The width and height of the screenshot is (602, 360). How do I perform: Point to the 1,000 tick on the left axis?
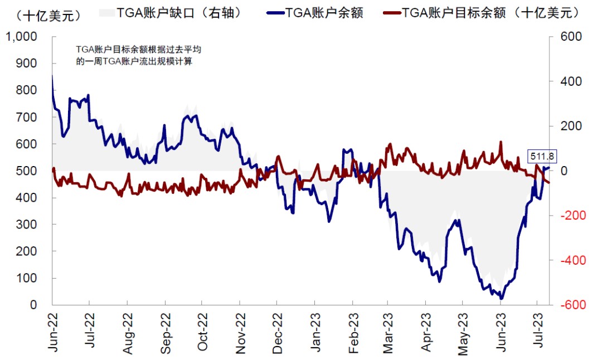click(x=21, y=37)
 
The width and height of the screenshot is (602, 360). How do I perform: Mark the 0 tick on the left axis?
click(x=33, y=305)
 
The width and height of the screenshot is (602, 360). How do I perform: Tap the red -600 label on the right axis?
click(x=570, y=305)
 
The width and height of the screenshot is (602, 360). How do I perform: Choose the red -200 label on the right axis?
click(x=570, y=216)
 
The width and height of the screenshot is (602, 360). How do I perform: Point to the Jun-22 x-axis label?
click(x=53, y=333)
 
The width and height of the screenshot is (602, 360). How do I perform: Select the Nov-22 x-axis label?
click(x=240, y=333)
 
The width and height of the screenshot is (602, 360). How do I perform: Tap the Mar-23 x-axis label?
click(x=389, y=333)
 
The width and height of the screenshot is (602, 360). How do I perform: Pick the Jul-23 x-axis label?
click(x=538, y=333)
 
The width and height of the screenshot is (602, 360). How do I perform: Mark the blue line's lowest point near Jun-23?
click(x=501, y=299)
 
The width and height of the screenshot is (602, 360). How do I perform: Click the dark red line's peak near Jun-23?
click(x=501, y=142)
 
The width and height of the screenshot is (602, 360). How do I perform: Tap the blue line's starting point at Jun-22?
click(x=52, y=76)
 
